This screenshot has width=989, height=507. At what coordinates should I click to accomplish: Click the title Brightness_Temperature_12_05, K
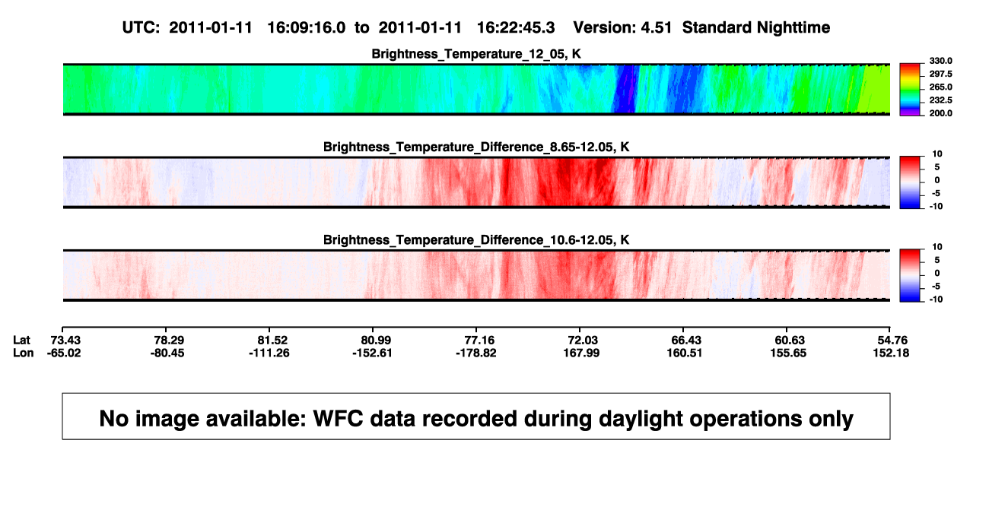click(x=476, y=54)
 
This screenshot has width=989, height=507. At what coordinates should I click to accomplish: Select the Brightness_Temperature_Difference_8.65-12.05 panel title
click(x=476, y=147)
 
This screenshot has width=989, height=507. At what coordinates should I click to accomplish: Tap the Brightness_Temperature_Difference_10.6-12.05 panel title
click(x=476, y=240)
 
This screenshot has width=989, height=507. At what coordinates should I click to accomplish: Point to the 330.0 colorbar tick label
click(x=940, y=61)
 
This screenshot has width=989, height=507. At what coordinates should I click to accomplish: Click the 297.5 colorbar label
click(x=940, y=74)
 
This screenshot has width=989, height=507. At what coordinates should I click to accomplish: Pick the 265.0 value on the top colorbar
click(x=940, y=87)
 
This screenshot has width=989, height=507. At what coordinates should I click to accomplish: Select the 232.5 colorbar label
click(x=940, y=100)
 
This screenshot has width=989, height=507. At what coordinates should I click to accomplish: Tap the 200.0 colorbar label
click(x=940, y=113)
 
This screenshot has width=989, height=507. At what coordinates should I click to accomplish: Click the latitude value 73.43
click(x=65, y=341)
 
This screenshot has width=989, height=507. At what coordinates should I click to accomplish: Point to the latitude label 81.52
click(x=272, y=341)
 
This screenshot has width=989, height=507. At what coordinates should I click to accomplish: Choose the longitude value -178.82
click(x=476, y=353)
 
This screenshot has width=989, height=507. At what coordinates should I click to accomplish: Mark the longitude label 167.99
click(x=581, y=353)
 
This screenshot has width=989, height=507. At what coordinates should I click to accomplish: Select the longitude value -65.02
click(x=64, y=353)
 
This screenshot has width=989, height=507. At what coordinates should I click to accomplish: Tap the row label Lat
click(x=21, y=341)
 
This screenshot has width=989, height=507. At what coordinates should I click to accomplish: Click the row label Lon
click(x=23, y=353)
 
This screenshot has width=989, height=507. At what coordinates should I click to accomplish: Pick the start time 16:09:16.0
click(x=307, y=28)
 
